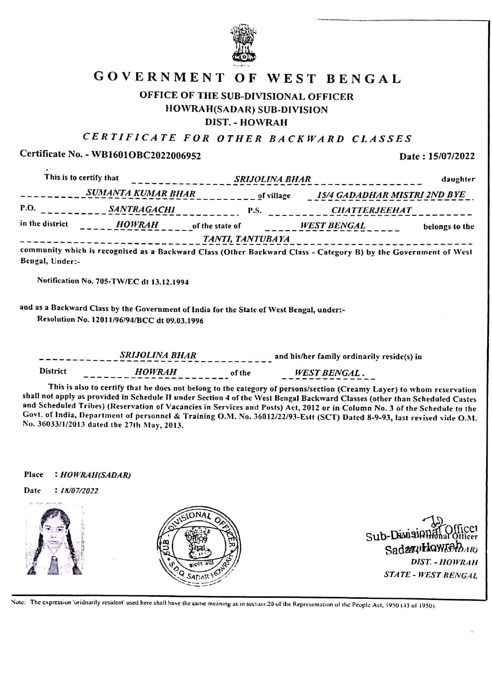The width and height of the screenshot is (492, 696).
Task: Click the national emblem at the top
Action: [244, 43]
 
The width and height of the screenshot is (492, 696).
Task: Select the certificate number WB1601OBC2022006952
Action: [146, 155]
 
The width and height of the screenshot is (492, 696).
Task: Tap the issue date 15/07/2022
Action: [452, 156]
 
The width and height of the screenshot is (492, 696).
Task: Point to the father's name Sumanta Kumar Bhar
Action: [141, 194]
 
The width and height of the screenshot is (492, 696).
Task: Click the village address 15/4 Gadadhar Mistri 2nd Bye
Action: [391, 195]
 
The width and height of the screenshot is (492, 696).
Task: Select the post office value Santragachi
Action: [142, 209]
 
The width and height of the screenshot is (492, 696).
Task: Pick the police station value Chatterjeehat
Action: [371, 210]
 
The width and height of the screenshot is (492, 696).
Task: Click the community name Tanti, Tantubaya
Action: [246, 239]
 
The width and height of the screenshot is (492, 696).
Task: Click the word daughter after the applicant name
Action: [458, 179]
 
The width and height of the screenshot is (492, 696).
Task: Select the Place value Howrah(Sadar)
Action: [95, 475]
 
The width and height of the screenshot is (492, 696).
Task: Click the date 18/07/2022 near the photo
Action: [79, 491]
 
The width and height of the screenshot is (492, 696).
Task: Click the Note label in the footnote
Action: [19, 602]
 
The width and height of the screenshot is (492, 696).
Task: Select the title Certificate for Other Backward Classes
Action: [248, 138]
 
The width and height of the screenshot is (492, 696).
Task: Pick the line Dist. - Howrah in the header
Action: [246, 122]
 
